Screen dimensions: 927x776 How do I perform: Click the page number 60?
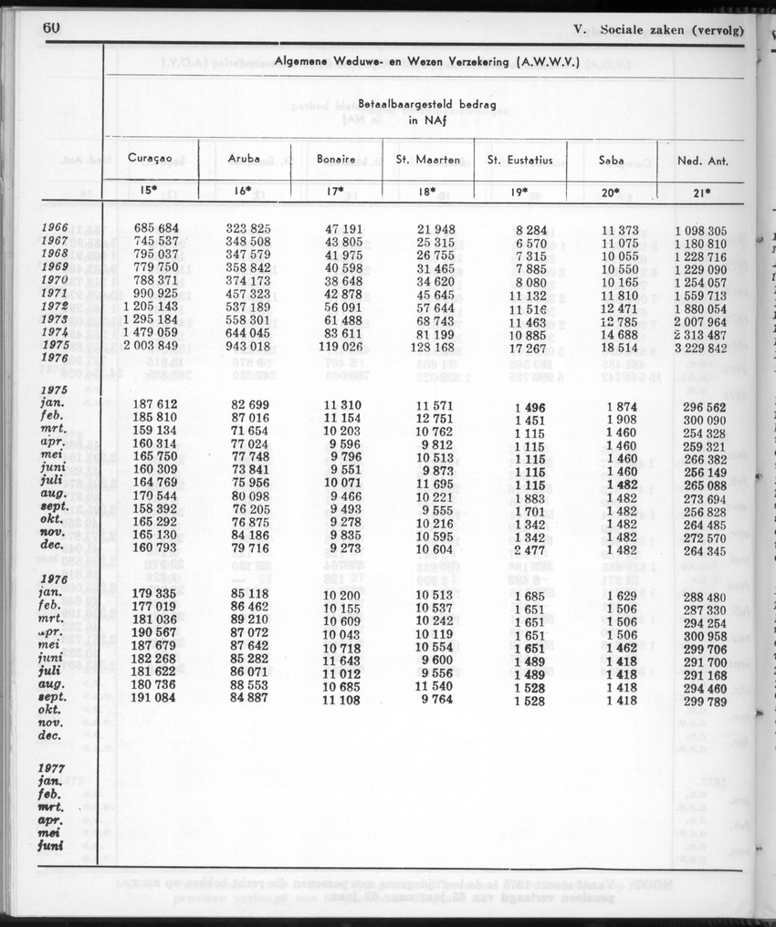pyautogui.click(x=51, y=27)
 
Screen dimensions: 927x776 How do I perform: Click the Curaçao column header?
pyautogui.click(x=151, y=158)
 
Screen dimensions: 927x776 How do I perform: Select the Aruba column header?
pyautogui.click(x=244, y=158)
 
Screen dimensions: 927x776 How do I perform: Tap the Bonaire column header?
pyautogui.click(x=336, y=159)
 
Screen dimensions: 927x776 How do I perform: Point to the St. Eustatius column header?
pyautogui.click(x=520, y=160)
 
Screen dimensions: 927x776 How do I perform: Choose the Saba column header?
pyautogui.click(x=612, y=160)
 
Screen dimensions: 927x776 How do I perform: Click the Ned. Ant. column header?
pyautogui.click(x=703, y=161)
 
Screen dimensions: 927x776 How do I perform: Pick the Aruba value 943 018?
pyautogui.click(x=248, y=347)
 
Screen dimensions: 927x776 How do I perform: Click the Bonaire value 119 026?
pyautogui.click(x=340, y=347)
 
